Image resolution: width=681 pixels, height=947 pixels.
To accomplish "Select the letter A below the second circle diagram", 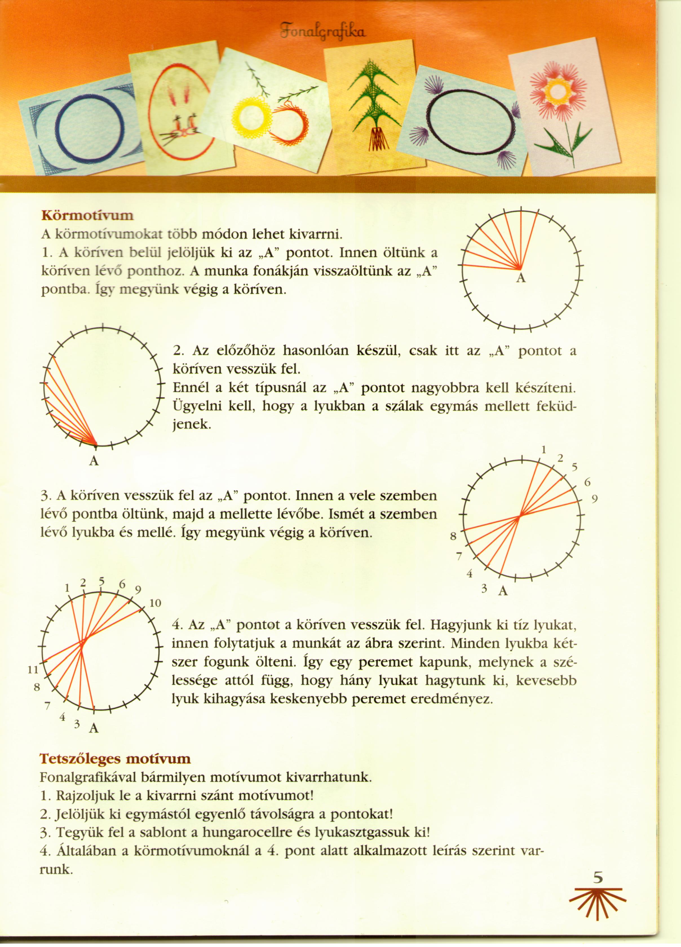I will [x=94, y=461].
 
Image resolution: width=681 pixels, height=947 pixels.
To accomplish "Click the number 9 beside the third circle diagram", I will [x=595, y=499].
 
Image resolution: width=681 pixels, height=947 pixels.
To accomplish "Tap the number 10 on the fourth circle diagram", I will [x=155, y=603].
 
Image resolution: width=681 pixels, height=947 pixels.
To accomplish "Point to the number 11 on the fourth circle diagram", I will [x=33, y=670].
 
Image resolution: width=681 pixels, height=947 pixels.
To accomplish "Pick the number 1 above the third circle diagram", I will [x=544, y=450].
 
